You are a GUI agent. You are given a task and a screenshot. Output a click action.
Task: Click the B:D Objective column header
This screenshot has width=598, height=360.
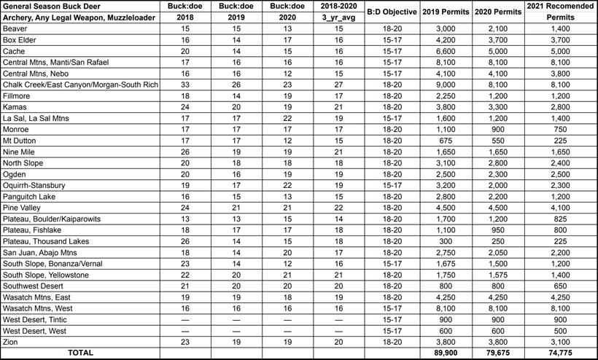pos(392,12)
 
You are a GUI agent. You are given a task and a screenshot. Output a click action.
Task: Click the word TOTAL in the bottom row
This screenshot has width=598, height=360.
pos(80,353)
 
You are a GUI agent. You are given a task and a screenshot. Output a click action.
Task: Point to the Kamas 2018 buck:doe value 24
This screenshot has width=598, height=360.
pos(185,107)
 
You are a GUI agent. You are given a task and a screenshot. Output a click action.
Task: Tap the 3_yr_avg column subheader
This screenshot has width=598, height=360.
pos(337,17)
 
